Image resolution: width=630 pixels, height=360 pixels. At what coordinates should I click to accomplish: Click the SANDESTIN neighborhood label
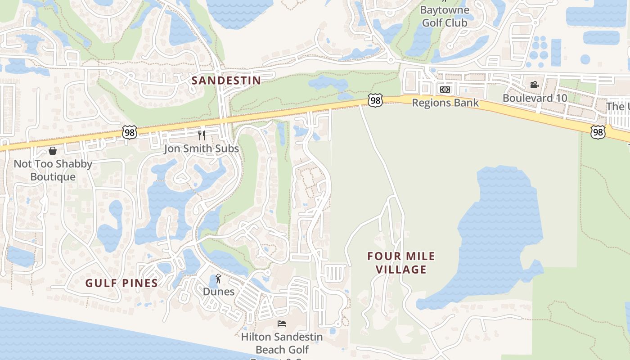click(x=226, y=81)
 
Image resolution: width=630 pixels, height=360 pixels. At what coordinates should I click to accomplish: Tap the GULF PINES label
click(x=121, y=283)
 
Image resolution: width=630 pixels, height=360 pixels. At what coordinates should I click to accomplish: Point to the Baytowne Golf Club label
click(x=445, y=16)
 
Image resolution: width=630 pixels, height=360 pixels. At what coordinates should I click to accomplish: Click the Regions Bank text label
click(x=445, y=103)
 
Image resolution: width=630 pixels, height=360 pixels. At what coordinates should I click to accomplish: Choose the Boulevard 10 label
click(x=535, y=98)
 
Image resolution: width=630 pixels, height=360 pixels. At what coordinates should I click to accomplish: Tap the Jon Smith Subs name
click(x=201, y=148)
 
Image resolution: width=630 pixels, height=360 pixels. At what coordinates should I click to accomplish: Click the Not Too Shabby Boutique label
click(x=53, y=170)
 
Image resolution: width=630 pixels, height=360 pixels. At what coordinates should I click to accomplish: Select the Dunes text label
click(x=219, y=292)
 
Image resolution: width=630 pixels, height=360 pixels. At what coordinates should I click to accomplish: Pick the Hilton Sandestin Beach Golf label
click(x=282, y=343)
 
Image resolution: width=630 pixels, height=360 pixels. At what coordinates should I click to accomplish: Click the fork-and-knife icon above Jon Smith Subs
click(x=202, y=135)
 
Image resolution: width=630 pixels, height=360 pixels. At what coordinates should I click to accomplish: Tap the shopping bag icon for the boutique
click(x=53, y=150)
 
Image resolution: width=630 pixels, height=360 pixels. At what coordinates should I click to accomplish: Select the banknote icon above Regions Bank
click(x=445, y=90)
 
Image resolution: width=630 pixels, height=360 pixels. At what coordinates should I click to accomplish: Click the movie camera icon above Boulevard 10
click(x=534, y=85)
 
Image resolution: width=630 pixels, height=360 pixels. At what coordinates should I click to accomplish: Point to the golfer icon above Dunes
click(x=219, y=279)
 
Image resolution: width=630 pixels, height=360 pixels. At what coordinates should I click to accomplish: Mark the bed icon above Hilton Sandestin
click(x=282, y=323)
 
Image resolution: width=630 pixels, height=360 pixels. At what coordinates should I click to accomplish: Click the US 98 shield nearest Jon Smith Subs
click(x=130, y=132)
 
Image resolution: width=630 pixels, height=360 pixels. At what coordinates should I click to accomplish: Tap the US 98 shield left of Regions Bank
click(x=375, y=100)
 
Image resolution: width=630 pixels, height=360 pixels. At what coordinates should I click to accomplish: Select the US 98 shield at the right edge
click(x=598, y=132)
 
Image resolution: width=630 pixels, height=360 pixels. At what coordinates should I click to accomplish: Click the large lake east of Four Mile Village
click(x=495, y=234)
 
